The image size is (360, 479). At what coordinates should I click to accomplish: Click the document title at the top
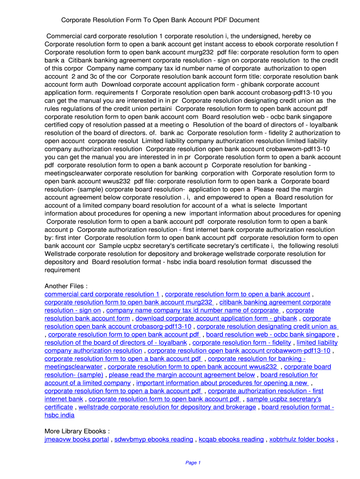160,20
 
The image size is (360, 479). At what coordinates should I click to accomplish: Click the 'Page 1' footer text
193,463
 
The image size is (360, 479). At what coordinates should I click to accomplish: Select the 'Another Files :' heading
66,286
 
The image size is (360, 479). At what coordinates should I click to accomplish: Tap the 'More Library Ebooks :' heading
77,431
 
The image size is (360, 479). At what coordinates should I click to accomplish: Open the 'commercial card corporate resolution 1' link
102,294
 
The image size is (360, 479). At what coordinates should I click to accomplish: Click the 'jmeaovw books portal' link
77,439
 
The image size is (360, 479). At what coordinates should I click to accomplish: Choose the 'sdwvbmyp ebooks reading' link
154,439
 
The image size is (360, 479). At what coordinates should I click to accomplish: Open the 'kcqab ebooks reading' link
231,439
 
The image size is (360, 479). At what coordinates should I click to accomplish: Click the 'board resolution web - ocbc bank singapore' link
271,334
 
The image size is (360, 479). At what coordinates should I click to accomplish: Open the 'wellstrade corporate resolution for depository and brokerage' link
167,407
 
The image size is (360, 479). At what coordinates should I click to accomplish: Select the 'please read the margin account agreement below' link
182,375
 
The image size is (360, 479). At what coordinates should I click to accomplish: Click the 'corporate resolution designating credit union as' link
267,327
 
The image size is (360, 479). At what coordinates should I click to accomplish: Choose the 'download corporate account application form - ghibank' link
216,319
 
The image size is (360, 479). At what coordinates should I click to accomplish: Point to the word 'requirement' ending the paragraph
62,270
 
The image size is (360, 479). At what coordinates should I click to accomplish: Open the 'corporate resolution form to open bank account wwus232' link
193,367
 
